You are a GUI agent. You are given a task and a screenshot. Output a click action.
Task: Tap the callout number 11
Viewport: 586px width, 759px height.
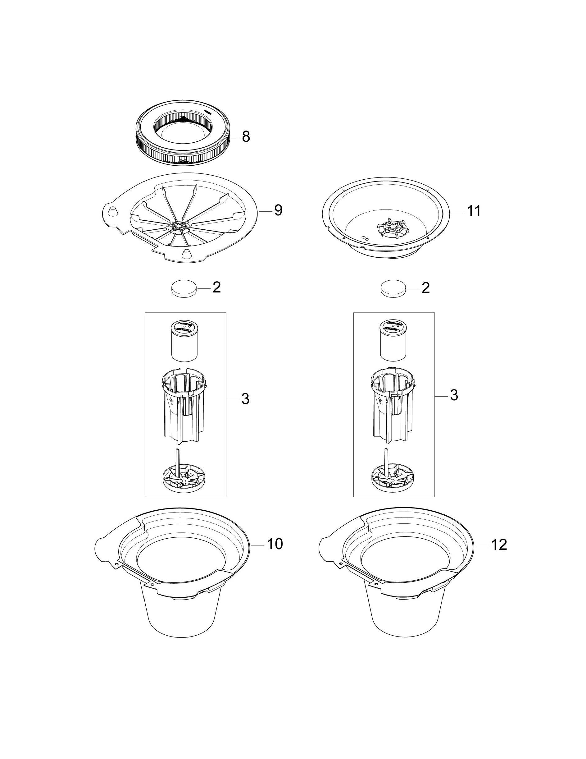(x=474, y=211)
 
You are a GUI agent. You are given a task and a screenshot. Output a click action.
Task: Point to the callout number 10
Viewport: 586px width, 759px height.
(x=275, y=544)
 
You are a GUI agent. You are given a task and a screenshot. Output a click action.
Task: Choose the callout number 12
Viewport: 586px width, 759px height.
(x=499, y=545)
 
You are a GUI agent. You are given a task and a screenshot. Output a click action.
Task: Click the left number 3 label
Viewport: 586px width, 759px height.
(x=245, y=399)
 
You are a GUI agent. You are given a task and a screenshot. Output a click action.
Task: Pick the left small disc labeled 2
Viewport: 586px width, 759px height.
(x=184, y=288)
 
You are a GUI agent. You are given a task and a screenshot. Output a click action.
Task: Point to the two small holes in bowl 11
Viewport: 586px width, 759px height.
(x=365, y=237)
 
